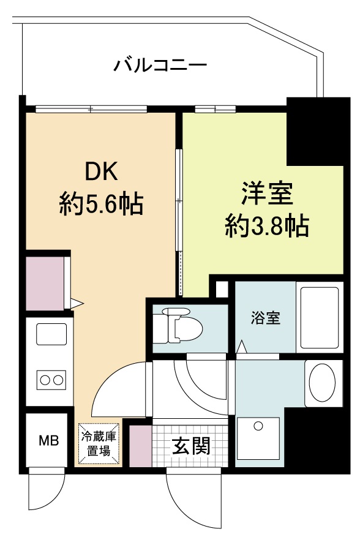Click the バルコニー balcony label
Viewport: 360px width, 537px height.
click(160, 65)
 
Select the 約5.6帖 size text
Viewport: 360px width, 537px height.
click(101, 204)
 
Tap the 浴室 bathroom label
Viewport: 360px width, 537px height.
click(266, 318)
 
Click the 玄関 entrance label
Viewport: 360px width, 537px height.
click(190, 446)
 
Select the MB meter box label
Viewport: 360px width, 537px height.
click(49, 440)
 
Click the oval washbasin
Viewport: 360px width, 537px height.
click(323, 383)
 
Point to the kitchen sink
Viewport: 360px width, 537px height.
click(51, 334)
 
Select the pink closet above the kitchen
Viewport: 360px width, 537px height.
click(45, 282)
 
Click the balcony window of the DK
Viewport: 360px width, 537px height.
click(91, 110)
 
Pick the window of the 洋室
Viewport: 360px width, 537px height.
click(216, 110)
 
